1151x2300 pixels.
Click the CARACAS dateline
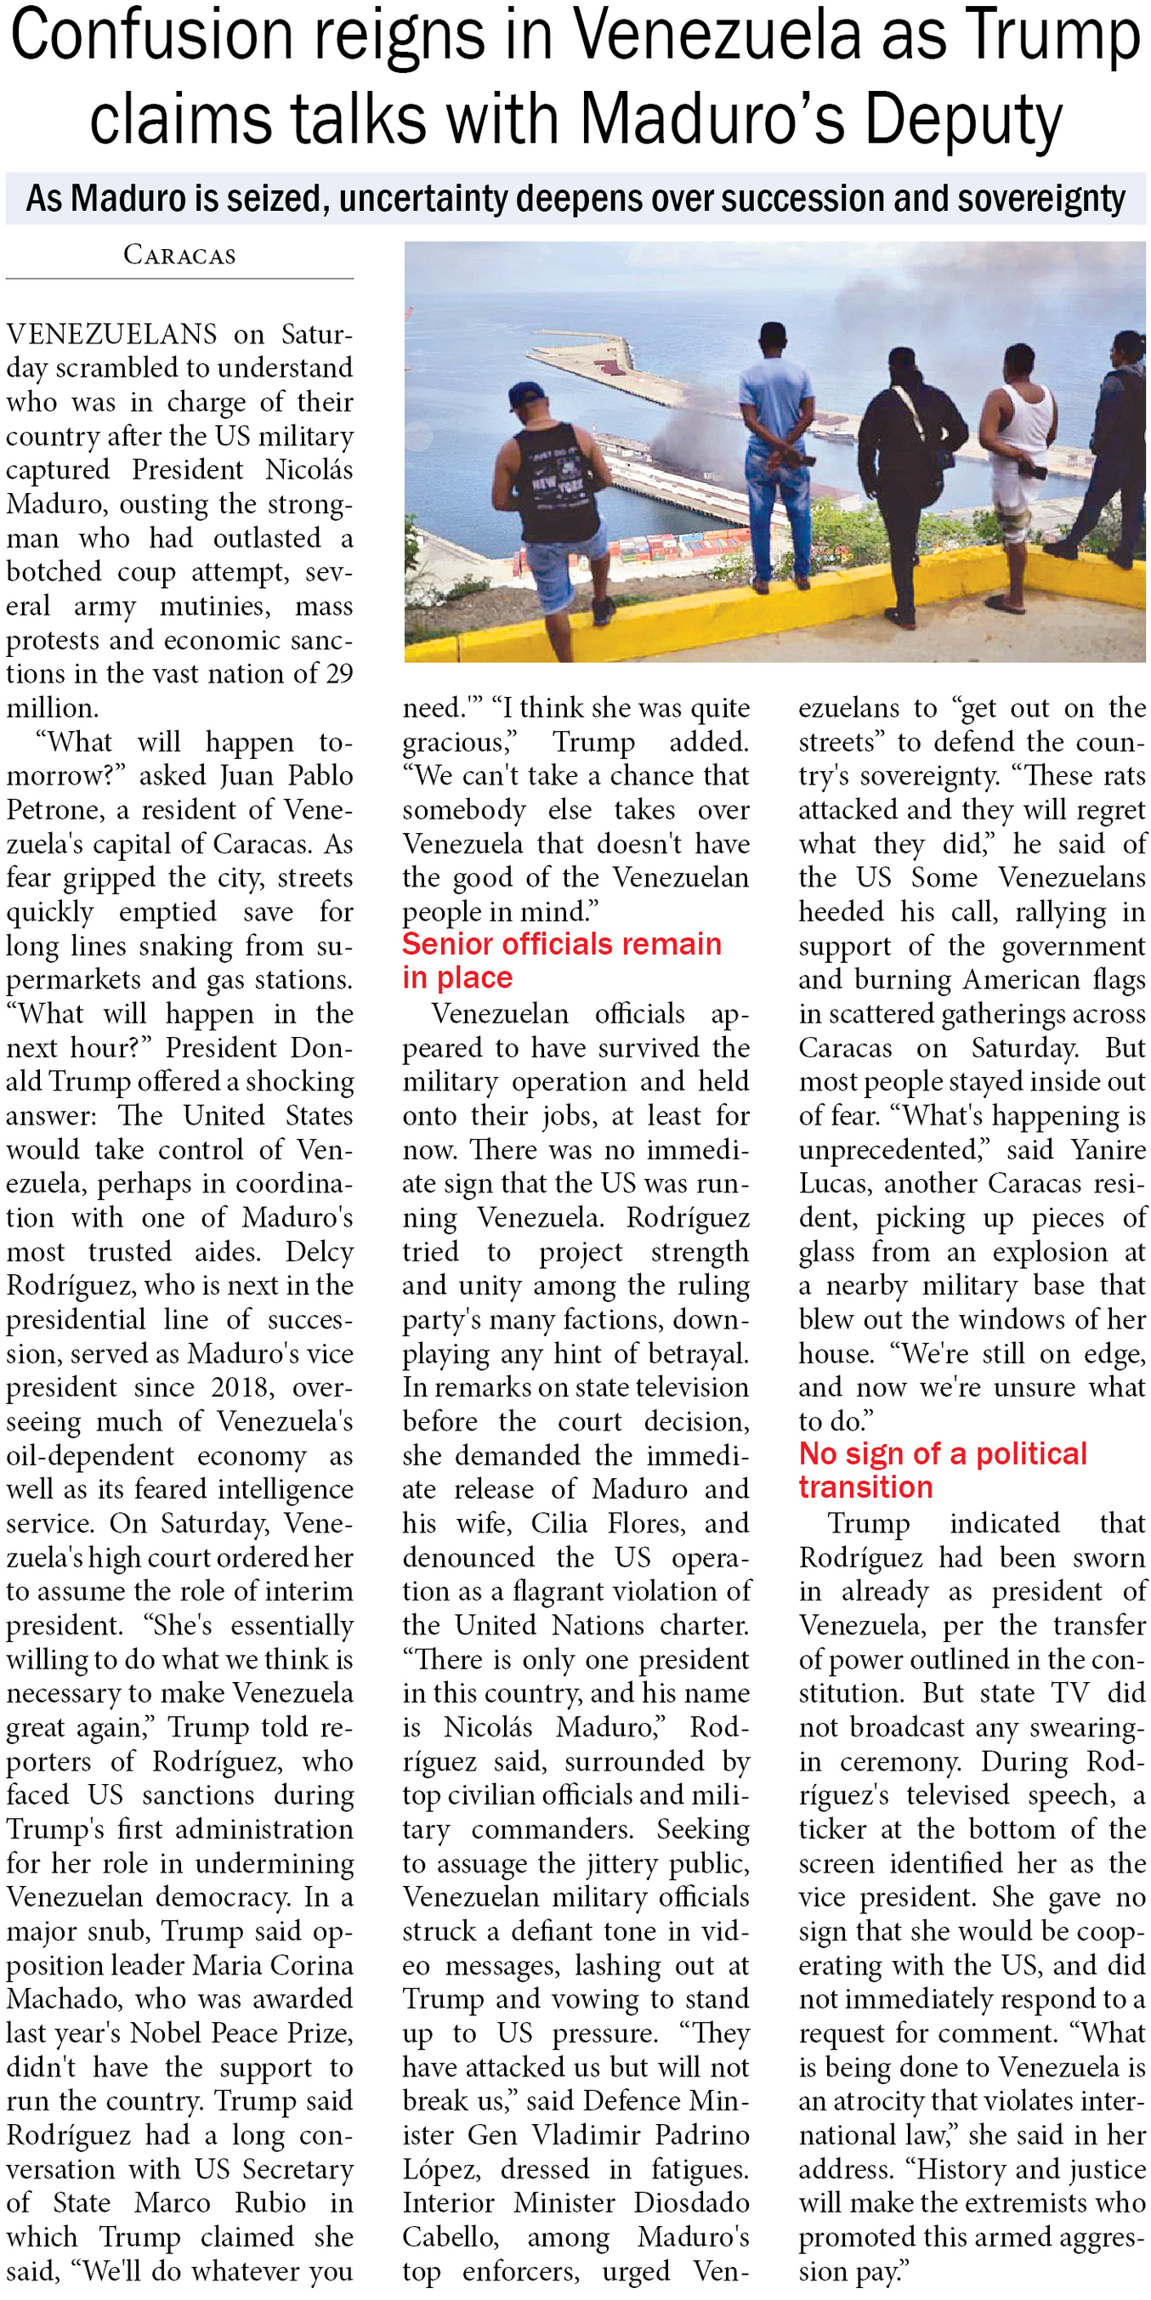pos(179,255)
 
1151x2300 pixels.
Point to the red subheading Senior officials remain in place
pos(561,960)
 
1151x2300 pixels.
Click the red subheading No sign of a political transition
pos(942,1470)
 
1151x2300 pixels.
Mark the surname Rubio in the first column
pos(270,2202)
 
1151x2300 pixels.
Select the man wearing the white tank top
pos(1024,464)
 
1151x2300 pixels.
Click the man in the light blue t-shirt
pos(776,446)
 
